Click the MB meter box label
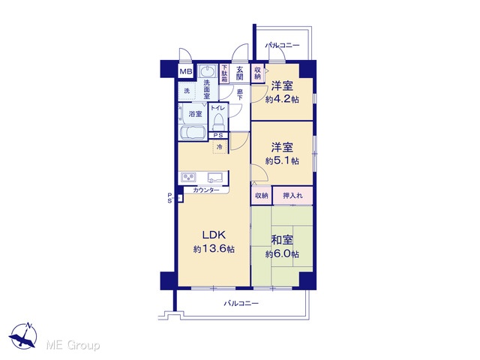(186, 72)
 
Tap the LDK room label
(214, 235)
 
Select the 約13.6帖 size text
(214, 249)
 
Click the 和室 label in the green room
(282, 240)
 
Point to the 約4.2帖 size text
(282, 99)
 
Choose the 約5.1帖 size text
(282, 160)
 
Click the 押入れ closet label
(292, 195)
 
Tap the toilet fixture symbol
(218, 121)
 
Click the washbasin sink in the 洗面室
(208, 72)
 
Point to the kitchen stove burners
(188, 177)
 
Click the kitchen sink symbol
(216, 178)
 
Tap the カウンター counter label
(206, 190)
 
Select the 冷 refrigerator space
(220, 147)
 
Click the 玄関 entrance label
(239, 73)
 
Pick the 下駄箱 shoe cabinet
(224, 73)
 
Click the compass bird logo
(23, 336)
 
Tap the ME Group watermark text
(73, 345)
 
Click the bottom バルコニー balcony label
(241, 303)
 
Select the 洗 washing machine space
(187, 91)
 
